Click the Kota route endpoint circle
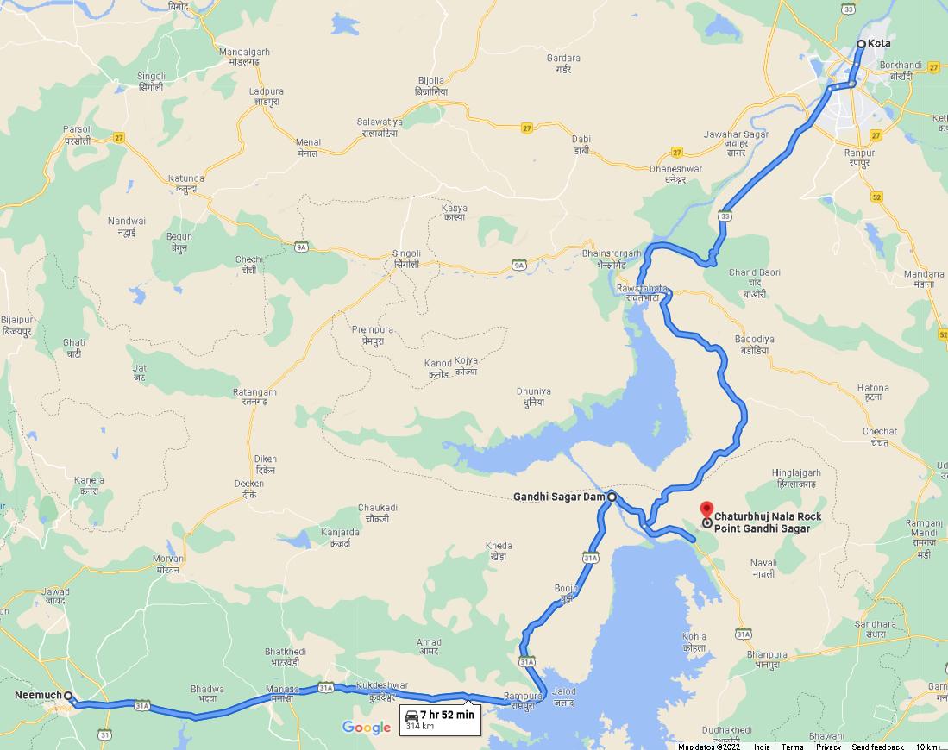point(861,43)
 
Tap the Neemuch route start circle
point(68,696)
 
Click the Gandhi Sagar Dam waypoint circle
point(612,497)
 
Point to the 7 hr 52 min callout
point(440,719)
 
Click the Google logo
point(367,728)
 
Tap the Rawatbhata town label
point(642,292)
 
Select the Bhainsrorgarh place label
point(612,259)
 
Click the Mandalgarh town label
point(244,57)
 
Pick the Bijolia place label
point(430,85)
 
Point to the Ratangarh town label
point(254,397)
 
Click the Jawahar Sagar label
point(735,140)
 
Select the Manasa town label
point(282,693)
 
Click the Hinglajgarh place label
point(796,478)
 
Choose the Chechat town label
point(879,436)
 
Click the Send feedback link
point(877,746)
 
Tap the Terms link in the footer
point(792,746)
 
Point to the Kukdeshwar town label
point(380,690)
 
